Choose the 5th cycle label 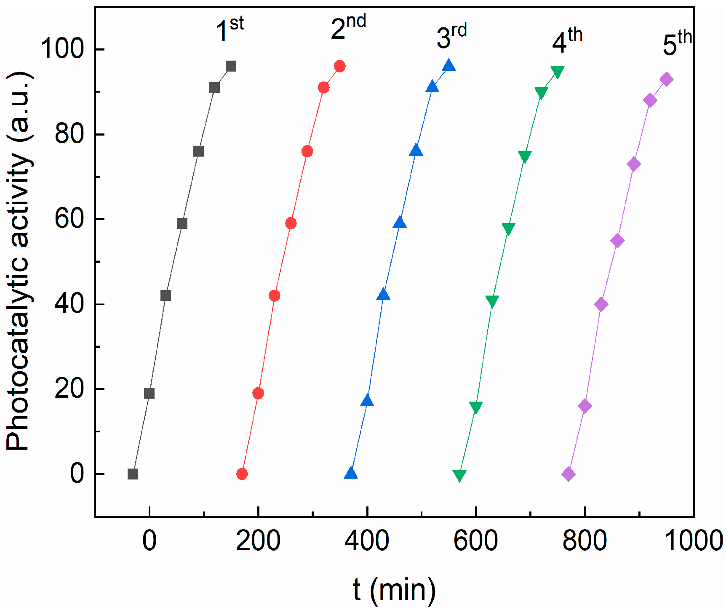tap(677, 43)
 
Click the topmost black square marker tap(231, 66)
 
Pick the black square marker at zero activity tap(133, 474)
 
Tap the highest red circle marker tap(340, 66)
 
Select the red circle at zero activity tap(242, 474)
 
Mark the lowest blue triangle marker tap(351, 473)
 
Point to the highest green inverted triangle tap(558, 72)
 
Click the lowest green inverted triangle tap(459, 475)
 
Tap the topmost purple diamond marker tap(666, 79)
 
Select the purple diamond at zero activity tap(568, 474)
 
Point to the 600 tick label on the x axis tap(475, 541)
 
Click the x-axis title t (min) tap(394, 589)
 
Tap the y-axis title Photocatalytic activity tap(19, 261)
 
